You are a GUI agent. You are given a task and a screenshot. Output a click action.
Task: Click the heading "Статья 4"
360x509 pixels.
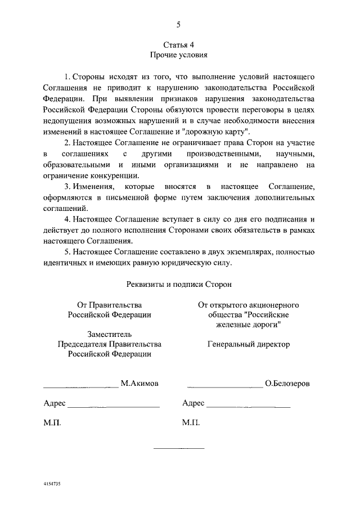(178, 44)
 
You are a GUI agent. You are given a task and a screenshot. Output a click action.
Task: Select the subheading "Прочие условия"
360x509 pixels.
(179, 55)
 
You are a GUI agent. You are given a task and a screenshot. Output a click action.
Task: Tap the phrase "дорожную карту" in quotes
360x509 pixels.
(224, 131)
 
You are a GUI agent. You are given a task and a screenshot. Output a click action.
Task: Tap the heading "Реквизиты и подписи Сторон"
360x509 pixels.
(179, 285)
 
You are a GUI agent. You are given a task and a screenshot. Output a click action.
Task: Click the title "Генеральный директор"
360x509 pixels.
(248, 344)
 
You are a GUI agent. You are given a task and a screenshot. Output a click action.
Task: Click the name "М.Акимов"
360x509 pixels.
(139, 384)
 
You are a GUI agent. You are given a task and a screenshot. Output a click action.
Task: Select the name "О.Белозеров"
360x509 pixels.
(287, 384)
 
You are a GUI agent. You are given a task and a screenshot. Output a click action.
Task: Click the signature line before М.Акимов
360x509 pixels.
(81, 387)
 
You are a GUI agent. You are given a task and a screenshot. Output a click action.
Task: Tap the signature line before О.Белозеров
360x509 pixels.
(225, 387)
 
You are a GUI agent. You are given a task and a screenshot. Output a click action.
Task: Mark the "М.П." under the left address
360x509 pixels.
(52, 422)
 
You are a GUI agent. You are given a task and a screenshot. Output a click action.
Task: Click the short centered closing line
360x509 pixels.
(179, 447)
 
